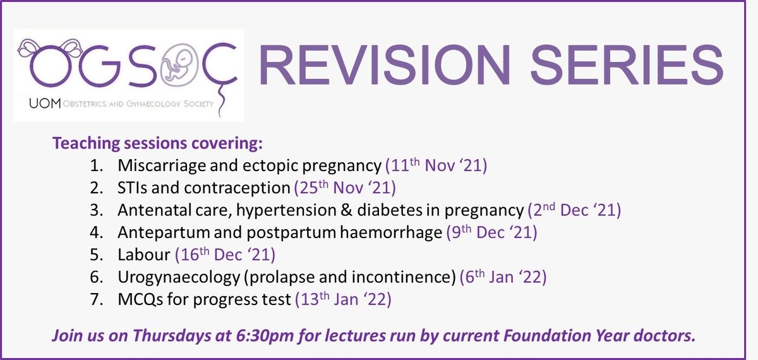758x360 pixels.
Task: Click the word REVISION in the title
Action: click(385, 64)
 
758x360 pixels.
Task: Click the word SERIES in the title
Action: click(626, 64)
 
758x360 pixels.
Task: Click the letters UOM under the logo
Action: click(45, 103)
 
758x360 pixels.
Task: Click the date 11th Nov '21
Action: click(436, 165)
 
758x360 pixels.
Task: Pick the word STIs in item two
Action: click(132, 188)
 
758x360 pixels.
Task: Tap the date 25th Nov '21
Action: click(345, 188)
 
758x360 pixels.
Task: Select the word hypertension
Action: click(286, 210)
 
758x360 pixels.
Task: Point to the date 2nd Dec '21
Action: click(574, 210)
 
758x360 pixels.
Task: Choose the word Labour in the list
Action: click(144, 255)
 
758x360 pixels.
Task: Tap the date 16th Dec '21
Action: click(225, 255)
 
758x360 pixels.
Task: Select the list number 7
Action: click(97, 299)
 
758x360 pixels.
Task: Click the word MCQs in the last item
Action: click(140, 299)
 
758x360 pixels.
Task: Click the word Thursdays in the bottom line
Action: click(172, 335)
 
